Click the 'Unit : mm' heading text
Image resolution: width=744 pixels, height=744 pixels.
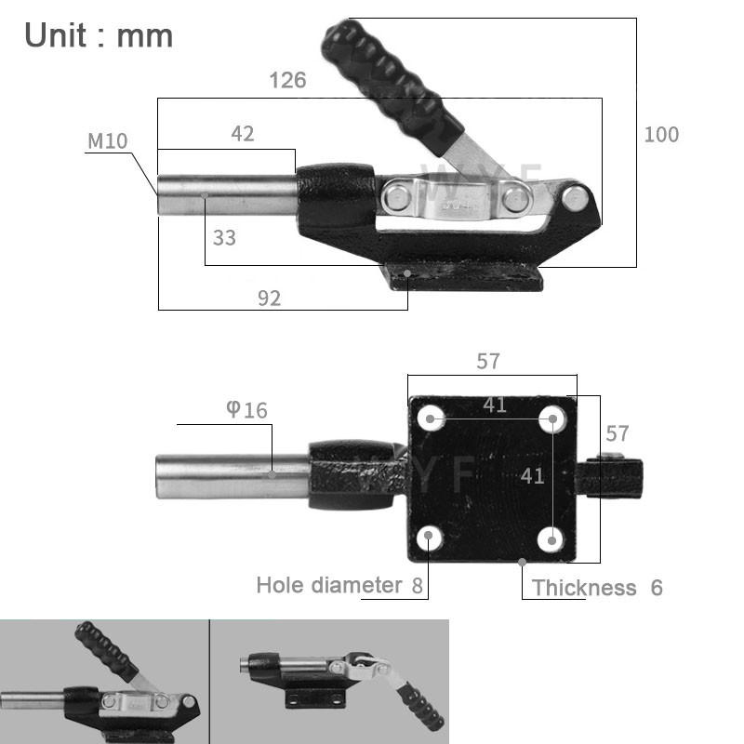(99, 35)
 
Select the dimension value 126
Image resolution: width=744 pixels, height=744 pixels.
(287, 80)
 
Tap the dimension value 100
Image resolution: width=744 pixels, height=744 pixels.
(661, 134)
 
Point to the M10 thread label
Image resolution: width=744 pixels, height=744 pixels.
(107, 141)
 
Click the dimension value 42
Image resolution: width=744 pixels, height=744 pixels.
(242, 134)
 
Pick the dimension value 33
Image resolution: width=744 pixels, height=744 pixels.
(224, 238)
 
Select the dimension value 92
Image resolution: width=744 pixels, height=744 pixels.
(269, 298)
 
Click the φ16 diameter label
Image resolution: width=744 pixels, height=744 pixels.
(246, 410)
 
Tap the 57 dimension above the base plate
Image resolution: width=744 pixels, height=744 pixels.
(488, 362)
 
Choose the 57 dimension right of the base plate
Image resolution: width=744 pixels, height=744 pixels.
(618, 432)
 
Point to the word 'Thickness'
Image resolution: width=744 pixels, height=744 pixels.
(584, 588)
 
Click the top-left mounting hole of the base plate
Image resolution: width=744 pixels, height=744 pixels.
(430, 419)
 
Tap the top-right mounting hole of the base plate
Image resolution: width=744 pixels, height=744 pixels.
(553, 419)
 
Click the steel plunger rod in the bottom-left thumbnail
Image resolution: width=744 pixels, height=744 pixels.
(33, 698)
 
